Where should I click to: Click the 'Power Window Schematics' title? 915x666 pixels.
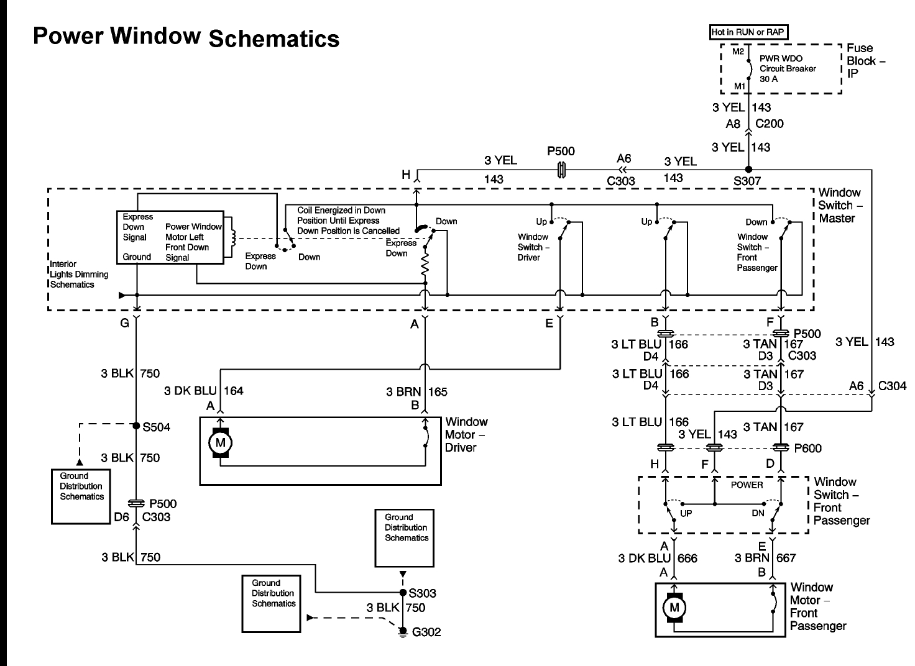[186, 37]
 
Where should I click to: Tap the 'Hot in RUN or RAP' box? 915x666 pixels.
[748, 32]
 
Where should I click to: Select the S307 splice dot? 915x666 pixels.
[749, 169]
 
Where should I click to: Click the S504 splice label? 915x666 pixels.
[156, 427]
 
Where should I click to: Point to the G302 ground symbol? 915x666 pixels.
[403, 632]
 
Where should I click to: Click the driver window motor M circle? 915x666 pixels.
[219, 443]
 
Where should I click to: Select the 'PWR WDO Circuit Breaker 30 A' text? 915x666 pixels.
[788, 69]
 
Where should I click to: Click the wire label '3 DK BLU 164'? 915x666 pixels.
[204, 391]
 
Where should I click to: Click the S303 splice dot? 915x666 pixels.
[402, 593]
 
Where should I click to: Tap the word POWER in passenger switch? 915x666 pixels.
[747, 485]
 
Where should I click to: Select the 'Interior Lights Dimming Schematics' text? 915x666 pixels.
[79, 275]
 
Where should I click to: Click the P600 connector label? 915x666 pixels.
[807, 447]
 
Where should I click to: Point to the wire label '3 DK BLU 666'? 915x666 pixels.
[658, 558]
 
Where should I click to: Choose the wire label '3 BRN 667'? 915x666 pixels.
[765, 558]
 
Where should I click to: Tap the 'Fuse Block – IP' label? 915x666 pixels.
[865, 61]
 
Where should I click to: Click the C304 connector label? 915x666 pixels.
[892, 386]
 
